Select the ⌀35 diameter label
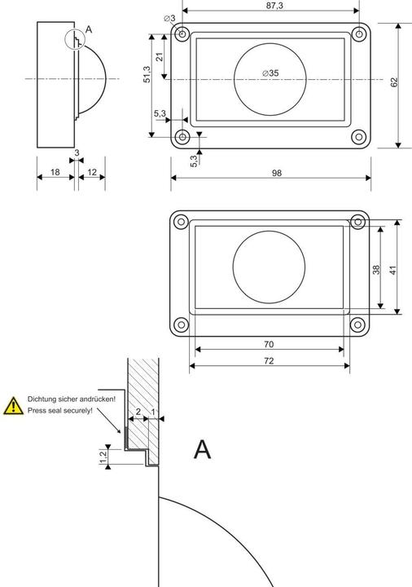(270, 73)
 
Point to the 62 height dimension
(393, 83)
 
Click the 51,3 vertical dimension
(147, 74)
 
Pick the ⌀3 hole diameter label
(169, 18)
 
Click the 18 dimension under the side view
(54, 172)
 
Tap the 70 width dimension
(268, 344)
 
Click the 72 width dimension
(268, 360)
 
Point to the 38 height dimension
(376, 268)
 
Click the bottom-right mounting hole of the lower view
(357, 324)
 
